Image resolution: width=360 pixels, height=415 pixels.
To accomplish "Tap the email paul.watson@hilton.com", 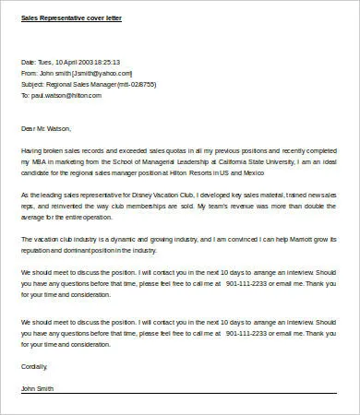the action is [x=66, y=94].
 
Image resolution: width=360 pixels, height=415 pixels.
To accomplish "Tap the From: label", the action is [x=29, y=72].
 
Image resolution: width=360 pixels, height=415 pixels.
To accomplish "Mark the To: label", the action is [x=25, y=94].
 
